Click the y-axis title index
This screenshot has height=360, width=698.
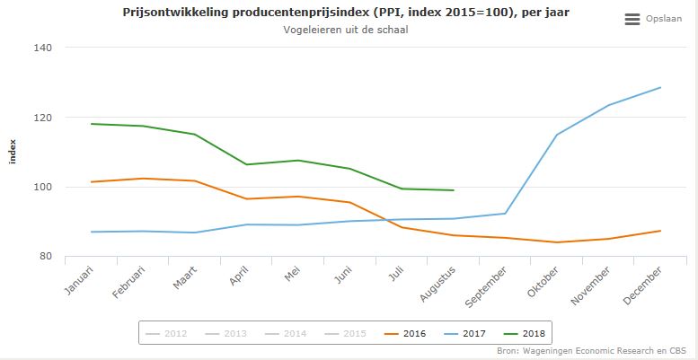point(13,152)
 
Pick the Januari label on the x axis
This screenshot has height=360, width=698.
point(79,277)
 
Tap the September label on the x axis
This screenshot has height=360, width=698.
point(487,281)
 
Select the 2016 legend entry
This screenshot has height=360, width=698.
point(405,334)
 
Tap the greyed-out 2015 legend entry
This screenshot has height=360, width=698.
point(348,334)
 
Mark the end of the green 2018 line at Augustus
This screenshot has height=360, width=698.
point(455,190)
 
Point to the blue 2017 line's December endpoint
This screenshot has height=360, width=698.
point(661,87)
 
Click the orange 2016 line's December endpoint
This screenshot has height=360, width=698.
point(661,231)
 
